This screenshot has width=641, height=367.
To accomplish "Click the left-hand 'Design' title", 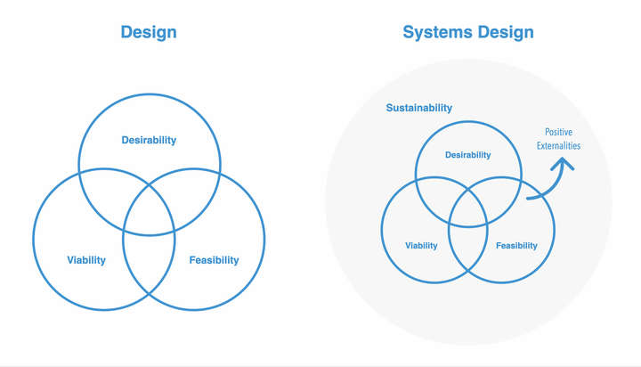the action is [x=149, y=32].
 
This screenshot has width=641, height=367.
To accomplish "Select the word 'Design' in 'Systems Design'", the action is [x=506, y=32].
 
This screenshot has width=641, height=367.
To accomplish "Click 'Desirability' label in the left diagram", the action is [x=149, y=140].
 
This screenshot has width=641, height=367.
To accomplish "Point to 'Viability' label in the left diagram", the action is [x=86, y=260].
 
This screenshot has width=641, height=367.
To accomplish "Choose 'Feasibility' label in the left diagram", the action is [x=214, y=260].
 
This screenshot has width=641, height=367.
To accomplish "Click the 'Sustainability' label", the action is [x=419, y=108].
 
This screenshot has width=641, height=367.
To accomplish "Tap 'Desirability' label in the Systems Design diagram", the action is [x=467, y=155].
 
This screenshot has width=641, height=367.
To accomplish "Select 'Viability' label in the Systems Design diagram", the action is [x=421, y=246].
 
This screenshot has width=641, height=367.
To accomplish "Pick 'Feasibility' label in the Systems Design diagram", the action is [x=516, y=246].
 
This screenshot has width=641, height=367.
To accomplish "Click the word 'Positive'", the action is [x=558, y=132].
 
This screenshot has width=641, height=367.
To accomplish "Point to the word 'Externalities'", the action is [x=558, y=146].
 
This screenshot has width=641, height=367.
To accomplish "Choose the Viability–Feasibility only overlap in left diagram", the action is [x=149, y=262].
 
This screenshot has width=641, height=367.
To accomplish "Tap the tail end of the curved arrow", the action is [x=528, y=199].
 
